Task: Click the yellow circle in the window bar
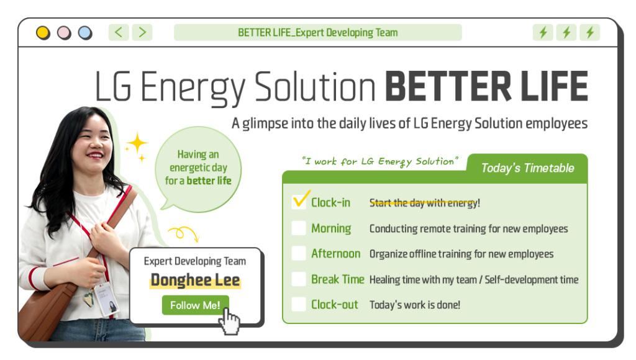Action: [x=43, y=32]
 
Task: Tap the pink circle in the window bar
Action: [x=64, y=32]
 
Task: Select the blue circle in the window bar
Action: [x=85, y=32]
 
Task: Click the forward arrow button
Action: [x=142, y=32]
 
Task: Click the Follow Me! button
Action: [x=195, y=305]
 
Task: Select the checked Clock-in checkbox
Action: [x=299, y=202]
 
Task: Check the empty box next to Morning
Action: [x=299, y=228]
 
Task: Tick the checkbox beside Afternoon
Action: [x=299, y=254]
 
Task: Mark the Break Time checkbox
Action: [x=299, y=279]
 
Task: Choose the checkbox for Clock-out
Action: [x=299, y=305]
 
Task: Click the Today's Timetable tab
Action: [x=527, y=168]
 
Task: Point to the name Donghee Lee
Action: [x=195, y=281]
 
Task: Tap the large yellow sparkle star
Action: [x=137, y=144]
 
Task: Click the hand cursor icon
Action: [x=230, y=320]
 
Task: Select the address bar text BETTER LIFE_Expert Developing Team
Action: [x=317, y=32]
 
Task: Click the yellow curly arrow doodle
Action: [x=184, y=233]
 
